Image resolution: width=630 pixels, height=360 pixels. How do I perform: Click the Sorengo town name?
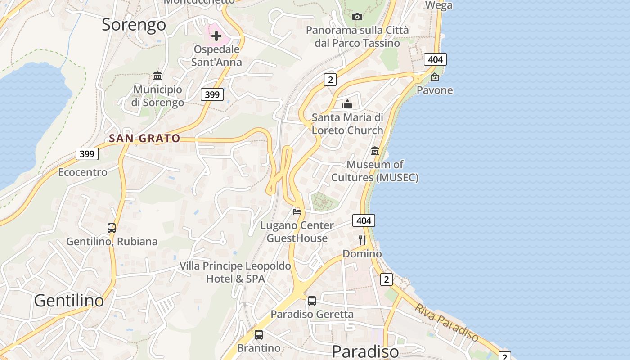pyautogui.click(x=134, y=25)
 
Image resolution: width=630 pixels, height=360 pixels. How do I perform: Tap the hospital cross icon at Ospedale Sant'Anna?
pyautogui.click(x=216, y=36)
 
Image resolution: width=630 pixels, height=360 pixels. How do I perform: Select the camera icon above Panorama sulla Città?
pyautogui.click(x=357, y=17)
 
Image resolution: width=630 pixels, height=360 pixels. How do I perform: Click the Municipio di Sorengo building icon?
pyautogui.click(x=157, y=76)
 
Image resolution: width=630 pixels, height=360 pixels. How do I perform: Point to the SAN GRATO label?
pyautogui.click(x=144, y=139)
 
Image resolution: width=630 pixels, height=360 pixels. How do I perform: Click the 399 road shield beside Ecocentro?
pyautogui.click(x=87, y=154)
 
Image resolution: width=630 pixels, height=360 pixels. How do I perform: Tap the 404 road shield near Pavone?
pyautogui.click(x=435, y=59)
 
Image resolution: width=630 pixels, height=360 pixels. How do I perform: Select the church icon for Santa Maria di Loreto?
pyautogui.click(x=347, y=104)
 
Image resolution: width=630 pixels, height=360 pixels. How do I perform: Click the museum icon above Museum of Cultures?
pyautogui.click(x=374, y=151)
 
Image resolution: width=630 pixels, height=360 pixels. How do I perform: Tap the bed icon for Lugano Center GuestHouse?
pyautogui.click(x=297, y=211)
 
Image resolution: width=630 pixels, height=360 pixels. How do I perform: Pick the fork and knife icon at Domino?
pyautogui.click(x=362, y=240)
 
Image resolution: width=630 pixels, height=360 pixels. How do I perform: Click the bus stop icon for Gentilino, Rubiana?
pyautogui.click(x=112, y=228)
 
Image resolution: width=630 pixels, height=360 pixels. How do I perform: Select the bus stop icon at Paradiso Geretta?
pyautogui.click(x=311, y=301)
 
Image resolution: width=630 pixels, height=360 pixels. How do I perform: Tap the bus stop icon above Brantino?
pyautogui.click(x=258, y=335)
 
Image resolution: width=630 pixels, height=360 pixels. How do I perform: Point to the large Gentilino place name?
pyautogui.click(x=69, y=300)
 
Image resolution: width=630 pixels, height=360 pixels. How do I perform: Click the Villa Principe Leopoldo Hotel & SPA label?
pyautogui.click(x=235, y=272)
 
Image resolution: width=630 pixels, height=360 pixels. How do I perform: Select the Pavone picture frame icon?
pyautogui.click(x=434, y=77)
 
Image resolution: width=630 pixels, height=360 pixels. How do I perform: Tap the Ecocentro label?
pyautogui.click(x=83, y=172)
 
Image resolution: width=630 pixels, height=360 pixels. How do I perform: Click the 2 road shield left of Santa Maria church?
pyautogui.click(x=330, y=80)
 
